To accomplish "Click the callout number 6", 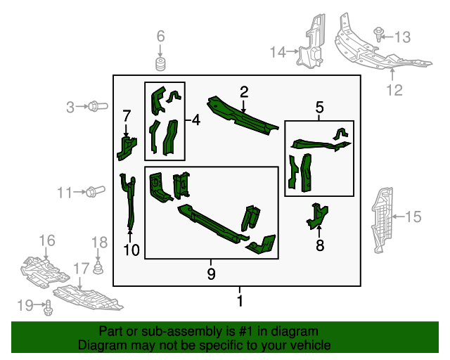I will (x=160, y=36).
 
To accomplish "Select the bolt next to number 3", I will (x=96, y=107).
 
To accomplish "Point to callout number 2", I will (x=244, y=91).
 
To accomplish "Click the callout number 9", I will (x=211, y=274).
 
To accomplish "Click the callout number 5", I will (x=319, y=108).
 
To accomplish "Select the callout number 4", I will (x=195, y=120).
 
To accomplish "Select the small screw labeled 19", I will (x=49, y=307).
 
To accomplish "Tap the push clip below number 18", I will (x=99, y=268).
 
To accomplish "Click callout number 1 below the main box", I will (x=240, y=302).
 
